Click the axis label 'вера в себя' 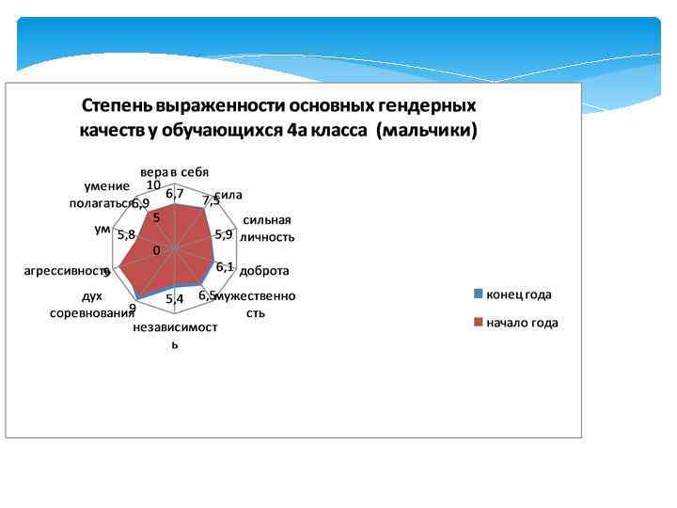coord(174,172)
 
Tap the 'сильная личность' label coord(268,229)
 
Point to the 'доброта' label coord(264,271)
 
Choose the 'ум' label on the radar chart coord(103,229)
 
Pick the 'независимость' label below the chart coord(175,335)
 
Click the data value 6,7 coord(174,194)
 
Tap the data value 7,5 coord(211,200)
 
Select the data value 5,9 coord(224,234)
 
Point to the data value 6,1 coord(225,267)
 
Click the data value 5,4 coord(174,299)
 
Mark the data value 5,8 coord(126,234)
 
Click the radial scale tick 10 coord(153,184)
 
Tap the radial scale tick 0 coord(157,250)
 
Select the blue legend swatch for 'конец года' coord(478,294)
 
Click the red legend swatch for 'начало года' coord(478,322)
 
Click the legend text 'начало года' coord(522,323)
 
